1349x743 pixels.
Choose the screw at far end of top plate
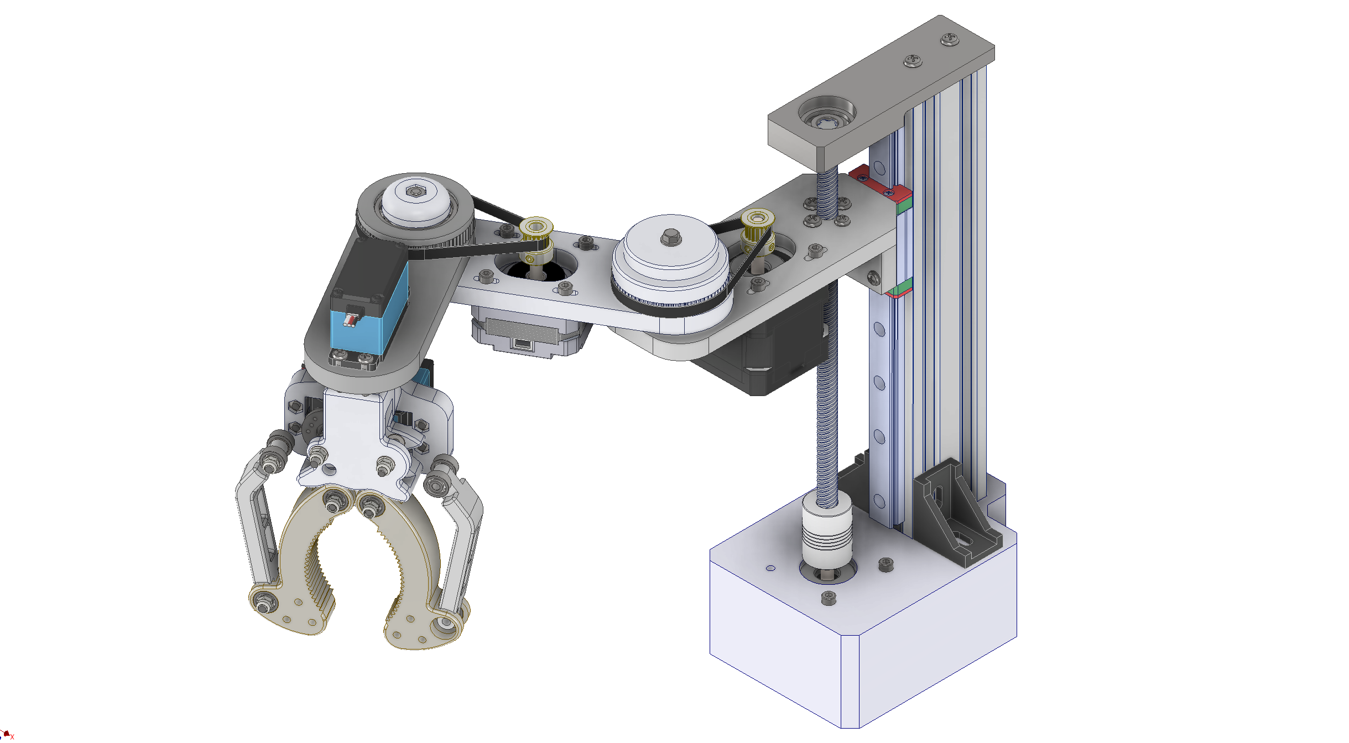click(x=950, y=39)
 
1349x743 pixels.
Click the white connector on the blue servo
click(x=351, y=320)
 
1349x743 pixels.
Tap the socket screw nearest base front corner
click(x=828, y=597)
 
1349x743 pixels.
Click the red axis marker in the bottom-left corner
click(x=7, y=734)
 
